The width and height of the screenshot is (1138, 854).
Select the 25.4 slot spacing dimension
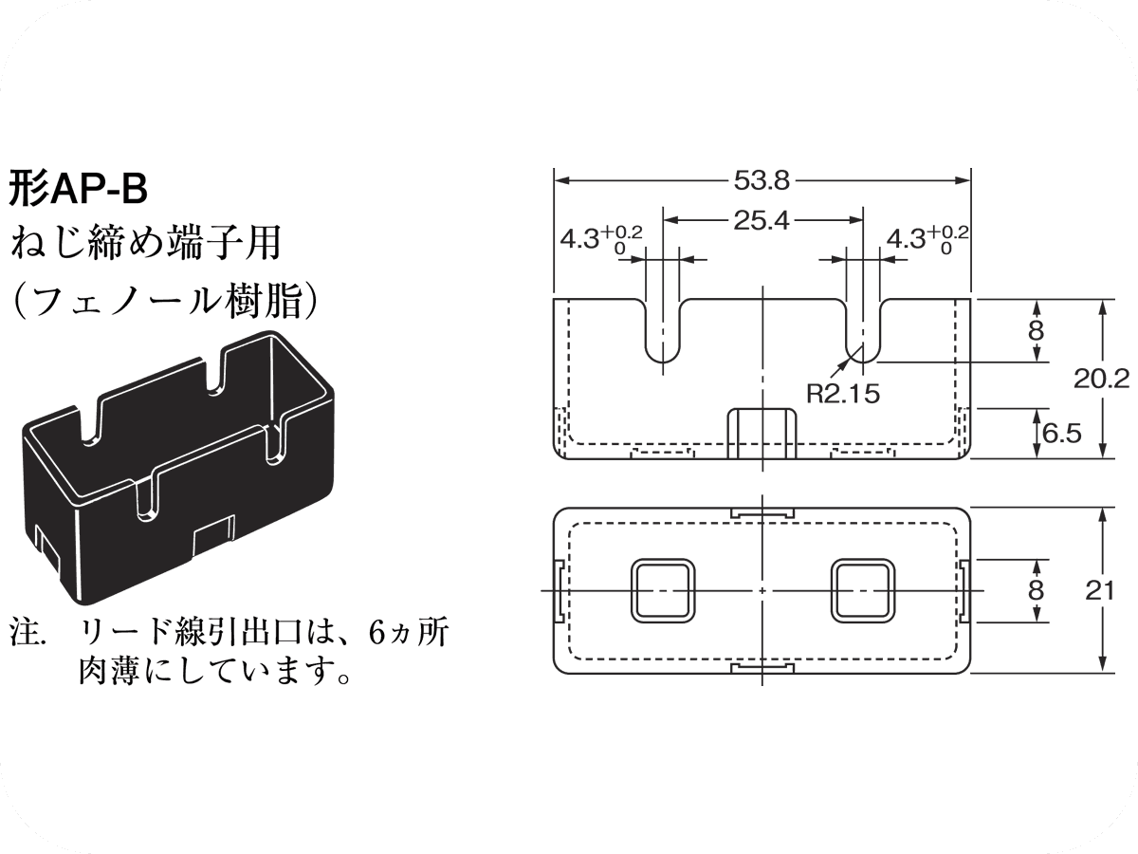point(762,220)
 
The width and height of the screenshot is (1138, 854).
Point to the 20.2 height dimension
point(1101,379)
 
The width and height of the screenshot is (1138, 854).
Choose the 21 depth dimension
point(1099,590)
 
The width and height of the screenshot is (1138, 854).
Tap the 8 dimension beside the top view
point(1036,590)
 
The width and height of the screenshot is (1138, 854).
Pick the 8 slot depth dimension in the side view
point(1036,330)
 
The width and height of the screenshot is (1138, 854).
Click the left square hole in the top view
point(662,590)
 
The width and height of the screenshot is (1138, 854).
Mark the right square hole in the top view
point(862,590)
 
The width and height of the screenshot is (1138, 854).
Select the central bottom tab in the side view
point(762,434)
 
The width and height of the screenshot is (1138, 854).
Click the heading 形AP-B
point(79,189)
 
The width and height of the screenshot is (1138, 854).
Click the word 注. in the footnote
point(28,630)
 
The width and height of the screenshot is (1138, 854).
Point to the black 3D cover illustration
point(177,455)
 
